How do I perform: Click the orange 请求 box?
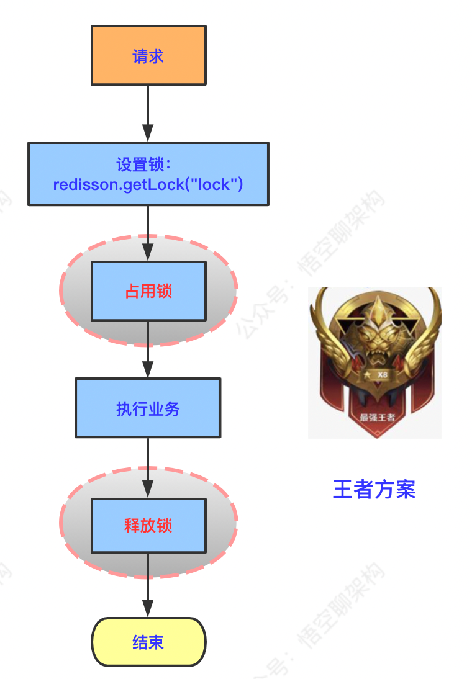click(148, 55)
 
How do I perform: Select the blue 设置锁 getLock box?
click(148, 174)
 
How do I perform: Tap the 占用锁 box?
click(148, 291)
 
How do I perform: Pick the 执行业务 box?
click(148, 408)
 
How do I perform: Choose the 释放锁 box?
click(148, 526)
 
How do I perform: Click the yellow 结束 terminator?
click(148, 642)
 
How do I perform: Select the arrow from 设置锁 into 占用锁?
click(148, 233)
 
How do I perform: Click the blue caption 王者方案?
click(374, 490)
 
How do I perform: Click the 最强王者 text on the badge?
click(377, 417)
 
